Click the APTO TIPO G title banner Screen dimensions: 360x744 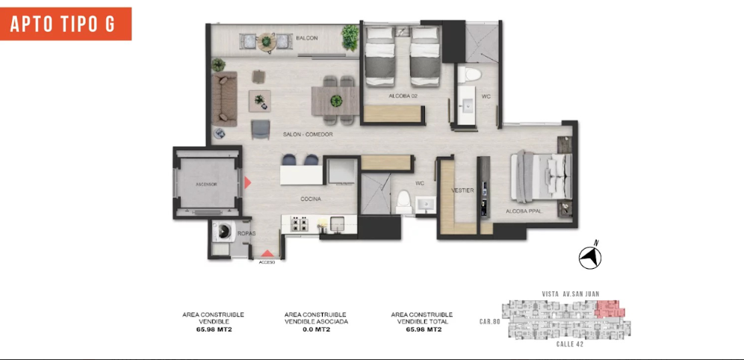(66, 24)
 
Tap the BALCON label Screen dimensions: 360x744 (306, 38)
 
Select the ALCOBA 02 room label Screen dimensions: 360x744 (402, 96)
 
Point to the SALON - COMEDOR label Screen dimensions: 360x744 (307, 134)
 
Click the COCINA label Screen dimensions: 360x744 (311, 199)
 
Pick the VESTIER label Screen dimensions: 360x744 (463, 190)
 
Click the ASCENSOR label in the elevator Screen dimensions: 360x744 (206, 184)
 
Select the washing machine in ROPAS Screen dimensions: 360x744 (223, 232)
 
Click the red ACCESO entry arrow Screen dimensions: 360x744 (267, 255)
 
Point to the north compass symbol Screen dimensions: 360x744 (591, 256)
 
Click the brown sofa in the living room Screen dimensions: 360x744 (224, 94)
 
